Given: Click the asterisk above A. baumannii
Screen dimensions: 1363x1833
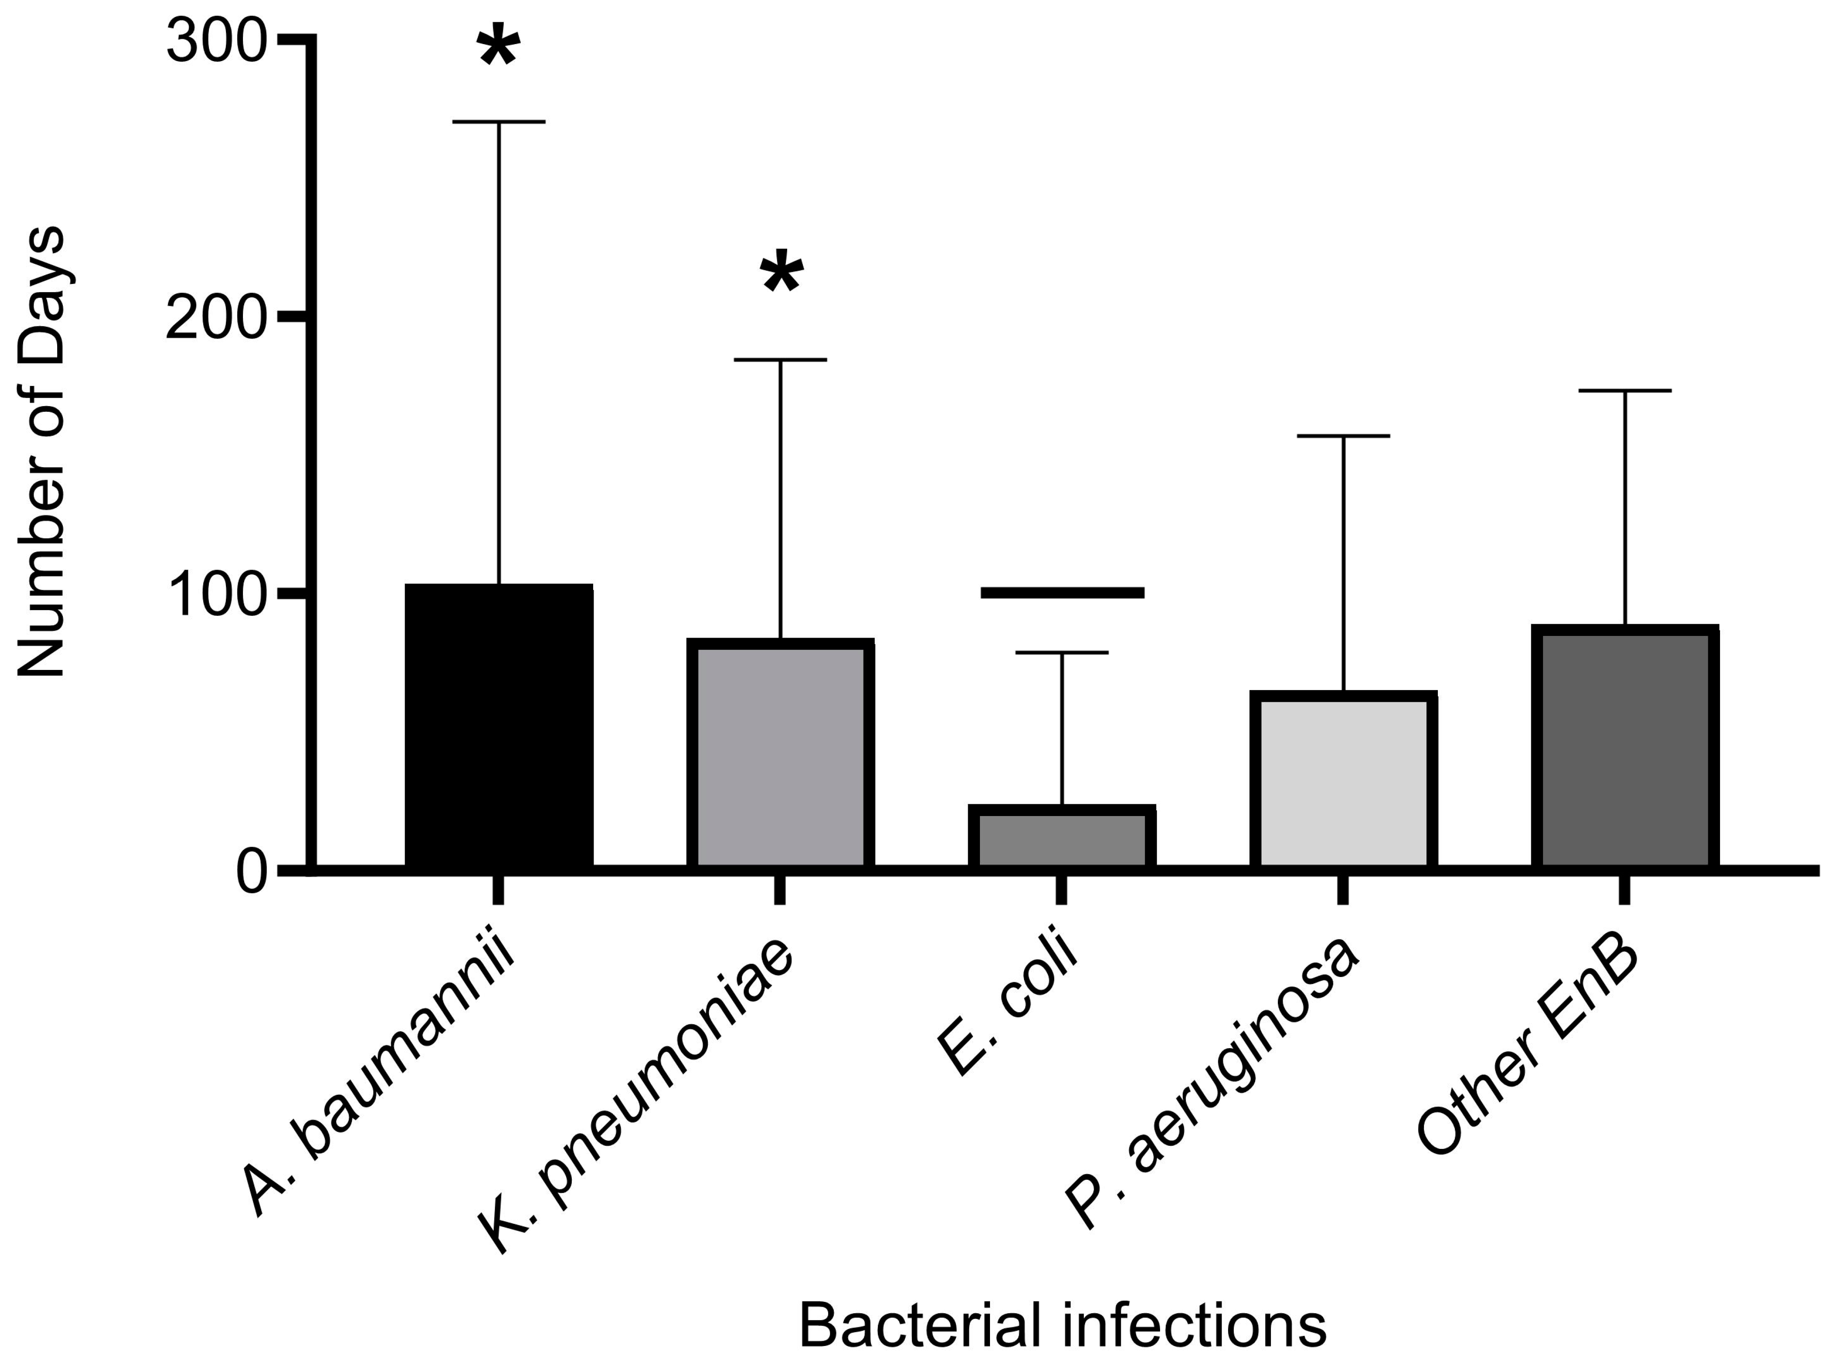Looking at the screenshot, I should [x=498, y=48].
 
